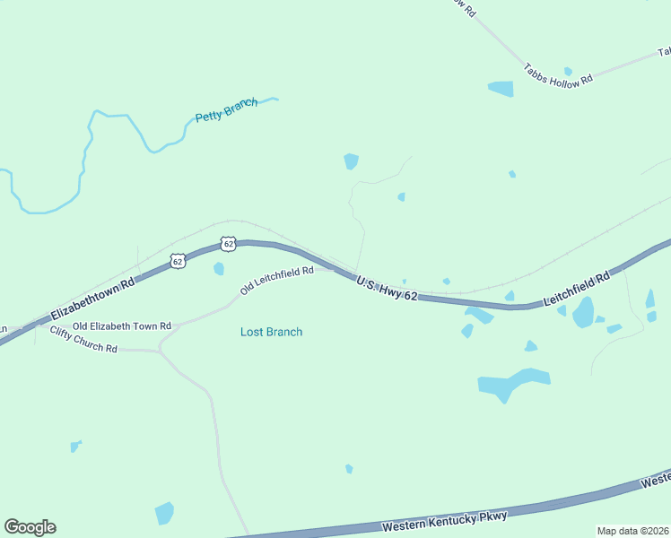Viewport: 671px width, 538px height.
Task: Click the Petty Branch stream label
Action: pyautogui.click(x=226, y=109)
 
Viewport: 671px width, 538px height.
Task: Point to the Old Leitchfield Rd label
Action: pyautogui.click(x=276, y=280)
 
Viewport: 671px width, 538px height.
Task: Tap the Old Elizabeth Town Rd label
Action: pyautogui.click(x=121, y=326)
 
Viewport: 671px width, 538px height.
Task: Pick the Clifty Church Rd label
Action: pyautogui.click(x=84, y=341)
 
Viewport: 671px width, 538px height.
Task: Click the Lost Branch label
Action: pyautogui.click(x=271, y=332)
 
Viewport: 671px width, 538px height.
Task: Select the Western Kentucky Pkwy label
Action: pyautogui.click(x=444, y=521)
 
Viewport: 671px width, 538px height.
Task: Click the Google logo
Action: pyautogui.click(x=30, y=527)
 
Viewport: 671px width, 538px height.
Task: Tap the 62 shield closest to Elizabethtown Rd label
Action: pyautogui.click(x=178, y=261)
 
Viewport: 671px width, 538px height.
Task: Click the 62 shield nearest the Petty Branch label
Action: pyautogui.click(x=229, y=243)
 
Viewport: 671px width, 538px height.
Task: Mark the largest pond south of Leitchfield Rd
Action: pyautogui.click(x=512, y=384)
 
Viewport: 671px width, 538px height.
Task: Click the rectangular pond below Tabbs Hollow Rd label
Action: pyautogui.click(x=501, y=89)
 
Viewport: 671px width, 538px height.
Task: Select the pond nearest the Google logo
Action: pyautogui.click(x=164, y=513)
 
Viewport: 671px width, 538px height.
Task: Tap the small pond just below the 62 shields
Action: pyautogui.click(x=219, y=268)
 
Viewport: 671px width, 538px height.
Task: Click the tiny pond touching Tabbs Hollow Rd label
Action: pyautogui.click(x=568, y=71)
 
